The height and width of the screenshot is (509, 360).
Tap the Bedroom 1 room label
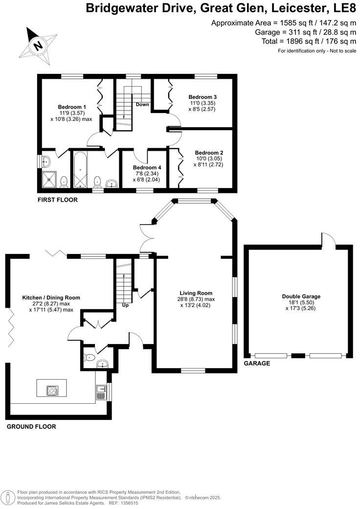pos(72,107)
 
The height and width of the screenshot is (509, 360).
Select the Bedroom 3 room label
pos(202,97)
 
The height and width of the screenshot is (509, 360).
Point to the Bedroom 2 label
pos(209,153)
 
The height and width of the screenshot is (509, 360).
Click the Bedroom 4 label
pos(147,167)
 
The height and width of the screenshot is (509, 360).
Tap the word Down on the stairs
pos(143,104)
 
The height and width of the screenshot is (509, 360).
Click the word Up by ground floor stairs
pos(126,305)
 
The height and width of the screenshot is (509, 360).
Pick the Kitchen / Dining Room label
pos(51,297)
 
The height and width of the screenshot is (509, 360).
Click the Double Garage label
pos(301,296)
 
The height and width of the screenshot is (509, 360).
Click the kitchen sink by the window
pos(101,392)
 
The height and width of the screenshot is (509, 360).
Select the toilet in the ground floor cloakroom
pos(88,358)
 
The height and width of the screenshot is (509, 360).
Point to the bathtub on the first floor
pos(79,170)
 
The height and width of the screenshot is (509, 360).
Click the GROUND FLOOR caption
pos(31,426)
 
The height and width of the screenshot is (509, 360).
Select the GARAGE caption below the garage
pos(257,364)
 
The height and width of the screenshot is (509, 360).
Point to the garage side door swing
pos(329,240)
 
